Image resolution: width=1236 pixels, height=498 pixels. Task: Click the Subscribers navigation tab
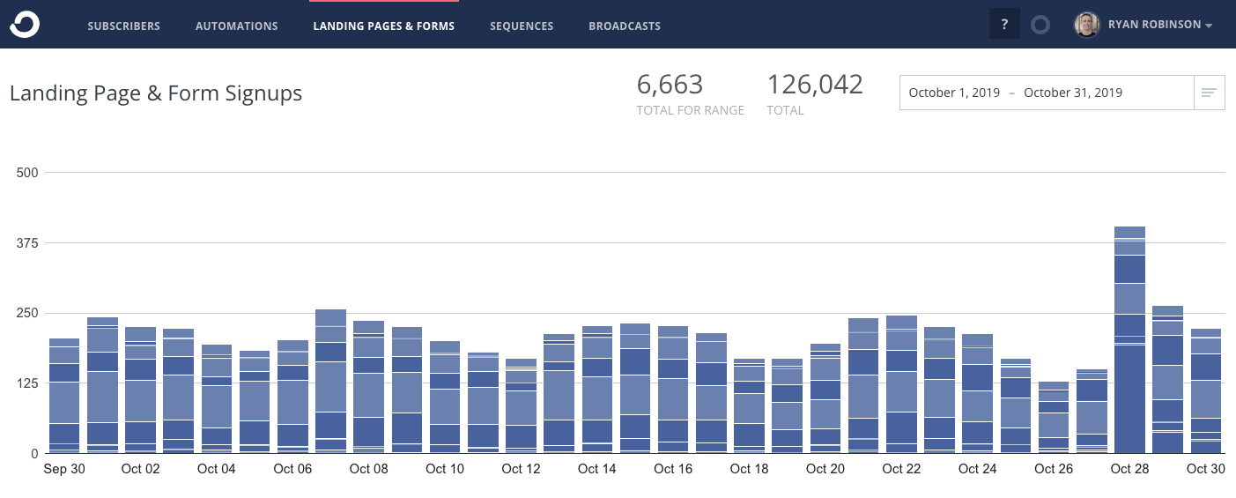tap(123, 26)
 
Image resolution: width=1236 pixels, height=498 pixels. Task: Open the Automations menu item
tap(236, 26)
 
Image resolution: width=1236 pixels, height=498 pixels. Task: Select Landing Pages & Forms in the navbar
tap(383, 26)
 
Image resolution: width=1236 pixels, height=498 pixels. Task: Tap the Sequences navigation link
tap(522, 26)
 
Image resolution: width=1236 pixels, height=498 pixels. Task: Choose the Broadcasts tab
tap(625, 26)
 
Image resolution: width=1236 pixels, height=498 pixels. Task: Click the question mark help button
tap(1004, 25)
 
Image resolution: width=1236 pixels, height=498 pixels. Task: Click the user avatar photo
tap(1086, 25)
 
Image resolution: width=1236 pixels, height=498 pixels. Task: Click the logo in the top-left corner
tap(24, 25)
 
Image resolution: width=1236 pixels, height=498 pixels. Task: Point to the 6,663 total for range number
tap(670, 85)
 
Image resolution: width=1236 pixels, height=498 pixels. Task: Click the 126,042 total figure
tap(815, 85)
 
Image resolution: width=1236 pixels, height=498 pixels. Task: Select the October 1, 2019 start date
tap(954, 93)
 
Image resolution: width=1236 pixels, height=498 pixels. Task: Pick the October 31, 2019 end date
tap(1073, 93)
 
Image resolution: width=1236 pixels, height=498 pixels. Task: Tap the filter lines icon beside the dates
tap(1209, 93)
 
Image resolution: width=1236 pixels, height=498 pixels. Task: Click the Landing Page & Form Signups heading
tap(156, 93)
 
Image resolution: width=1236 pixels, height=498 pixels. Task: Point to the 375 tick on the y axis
tap(28, 242)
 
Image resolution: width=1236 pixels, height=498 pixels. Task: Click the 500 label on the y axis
tap(28, 173)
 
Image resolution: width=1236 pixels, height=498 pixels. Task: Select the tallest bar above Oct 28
tap(1129, 339)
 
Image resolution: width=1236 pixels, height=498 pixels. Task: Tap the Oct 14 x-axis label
tap(596, 469)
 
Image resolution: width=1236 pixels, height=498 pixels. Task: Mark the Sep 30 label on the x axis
tap(64, 469)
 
